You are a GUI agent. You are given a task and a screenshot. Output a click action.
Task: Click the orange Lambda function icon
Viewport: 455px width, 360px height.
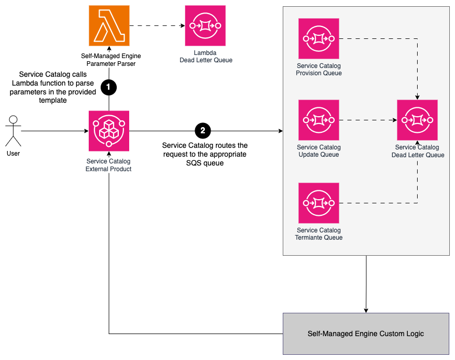point(109,26)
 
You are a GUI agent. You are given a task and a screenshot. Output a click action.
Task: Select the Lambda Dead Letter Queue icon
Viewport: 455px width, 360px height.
point(205,26)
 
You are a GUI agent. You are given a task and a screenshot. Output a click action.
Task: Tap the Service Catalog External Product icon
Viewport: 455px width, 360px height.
point(109,131)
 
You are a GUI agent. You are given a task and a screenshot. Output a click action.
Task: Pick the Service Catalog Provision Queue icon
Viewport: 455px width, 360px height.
point(319,38)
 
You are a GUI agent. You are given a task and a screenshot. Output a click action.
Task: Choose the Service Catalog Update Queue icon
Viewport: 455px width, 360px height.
point(319,120)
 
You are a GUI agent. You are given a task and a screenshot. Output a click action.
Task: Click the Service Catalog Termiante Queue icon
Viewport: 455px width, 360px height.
point(319,202)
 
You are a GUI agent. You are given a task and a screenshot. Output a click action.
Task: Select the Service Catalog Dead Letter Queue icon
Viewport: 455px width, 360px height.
point(417,120)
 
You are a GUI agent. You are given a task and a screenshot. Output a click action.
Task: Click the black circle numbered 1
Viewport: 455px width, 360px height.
point(108,88)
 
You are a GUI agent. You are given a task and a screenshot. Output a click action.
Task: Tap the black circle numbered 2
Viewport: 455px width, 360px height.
point(203,131)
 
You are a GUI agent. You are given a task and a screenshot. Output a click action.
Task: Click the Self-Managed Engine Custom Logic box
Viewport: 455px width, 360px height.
point(366,334)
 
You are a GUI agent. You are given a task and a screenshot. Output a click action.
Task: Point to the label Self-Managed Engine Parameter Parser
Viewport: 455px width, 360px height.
point(111,60)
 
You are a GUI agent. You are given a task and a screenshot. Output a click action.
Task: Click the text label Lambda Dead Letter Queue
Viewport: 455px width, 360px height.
point(205,57)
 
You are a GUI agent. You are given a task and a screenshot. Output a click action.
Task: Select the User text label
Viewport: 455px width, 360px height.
point(13,154)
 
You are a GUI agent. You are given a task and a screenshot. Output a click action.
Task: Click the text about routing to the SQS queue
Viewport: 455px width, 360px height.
point(204,154)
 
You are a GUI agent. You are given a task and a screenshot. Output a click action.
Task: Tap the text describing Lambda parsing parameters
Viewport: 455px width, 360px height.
point(53,87)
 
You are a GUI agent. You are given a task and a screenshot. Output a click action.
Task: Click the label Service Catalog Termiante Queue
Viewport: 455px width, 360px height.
point(319,234)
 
